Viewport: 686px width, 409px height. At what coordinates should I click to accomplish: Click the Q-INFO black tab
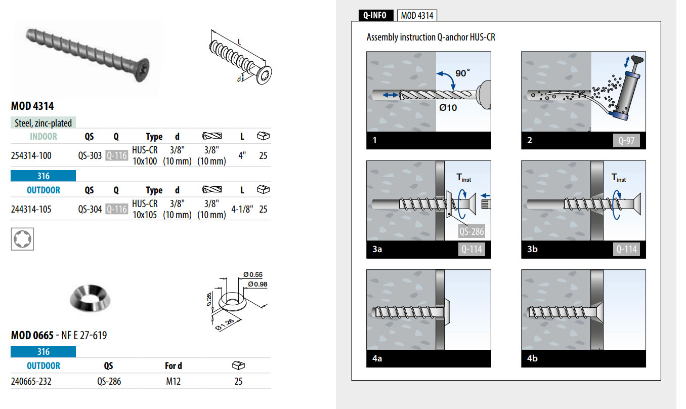pos(376,15)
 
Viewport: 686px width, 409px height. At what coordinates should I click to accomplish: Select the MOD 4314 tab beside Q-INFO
pos(417,15)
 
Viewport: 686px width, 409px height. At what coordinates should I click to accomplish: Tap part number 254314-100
pos(31,155)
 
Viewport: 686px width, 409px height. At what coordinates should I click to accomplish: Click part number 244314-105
pos(31,209)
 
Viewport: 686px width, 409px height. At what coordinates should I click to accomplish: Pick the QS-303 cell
pos(90,155)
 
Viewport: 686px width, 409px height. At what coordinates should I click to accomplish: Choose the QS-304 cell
pos(90,209)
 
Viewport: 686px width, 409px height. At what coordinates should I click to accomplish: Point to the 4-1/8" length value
pos(242,209)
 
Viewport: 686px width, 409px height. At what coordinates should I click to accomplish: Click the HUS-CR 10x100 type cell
pos(145,155)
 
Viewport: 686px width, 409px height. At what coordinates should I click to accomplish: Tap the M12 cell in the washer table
pos(174,382)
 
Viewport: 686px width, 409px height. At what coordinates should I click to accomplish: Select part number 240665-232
pos(31,382)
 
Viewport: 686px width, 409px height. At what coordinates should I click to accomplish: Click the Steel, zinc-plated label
pos(43,123)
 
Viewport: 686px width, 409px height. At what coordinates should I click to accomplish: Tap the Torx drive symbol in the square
pos(22,239)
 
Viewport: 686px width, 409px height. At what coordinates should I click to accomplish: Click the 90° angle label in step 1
pos(462,73)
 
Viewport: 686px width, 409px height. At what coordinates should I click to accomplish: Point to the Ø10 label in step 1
pos(448,107)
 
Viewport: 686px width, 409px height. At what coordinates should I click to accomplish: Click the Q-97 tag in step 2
pos(626,141)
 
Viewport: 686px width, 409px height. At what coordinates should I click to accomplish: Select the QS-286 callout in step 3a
pos(471,231)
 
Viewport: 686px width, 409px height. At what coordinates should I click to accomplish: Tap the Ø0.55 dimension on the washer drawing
pos(253,274)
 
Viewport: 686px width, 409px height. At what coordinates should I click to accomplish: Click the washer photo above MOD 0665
pos(90,298)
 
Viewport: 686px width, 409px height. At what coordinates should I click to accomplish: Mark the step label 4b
pos(532,358)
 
